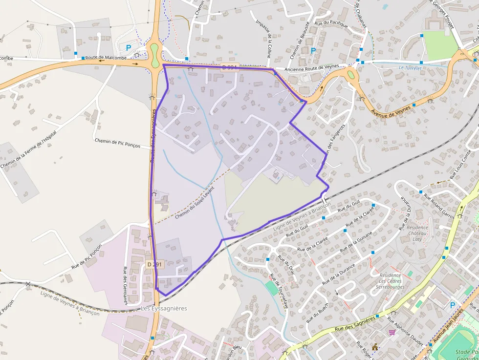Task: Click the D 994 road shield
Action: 229,67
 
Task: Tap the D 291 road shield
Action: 154,264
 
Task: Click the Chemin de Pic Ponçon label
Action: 117,143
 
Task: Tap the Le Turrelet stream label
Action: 410,68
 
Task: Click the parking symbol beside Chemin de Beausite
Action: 313,50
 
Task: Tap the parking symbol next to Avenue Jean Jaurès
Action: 452,305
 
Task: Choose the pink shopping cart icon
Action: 392,332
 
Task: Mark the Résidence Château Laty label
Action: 417,233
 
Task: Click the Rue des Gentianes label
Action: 125,285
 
